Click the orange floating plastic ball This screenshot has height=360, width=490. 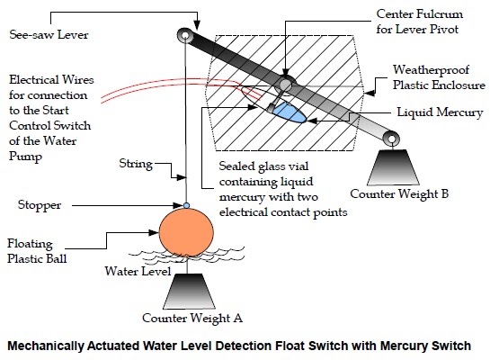(186, 232)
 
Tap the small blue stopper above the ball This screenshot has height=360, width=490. (186, 205)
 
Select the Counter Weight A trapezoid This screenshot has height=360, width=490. (189, 292)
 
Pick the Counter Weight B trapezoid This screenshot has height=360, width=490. (393, 167)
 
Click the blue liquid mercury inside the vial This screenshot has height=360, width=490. (289, 112)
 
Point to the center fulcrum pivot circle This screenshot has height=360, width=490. (285, 84)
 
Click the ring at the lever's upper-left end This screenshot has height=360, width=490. (185, 35)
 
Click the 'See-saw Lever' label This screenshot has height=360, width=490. (49, 34)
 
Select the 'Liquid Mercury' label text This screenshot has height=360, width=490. (440, 112)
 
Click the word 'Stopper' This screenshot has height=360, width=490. (40, 205)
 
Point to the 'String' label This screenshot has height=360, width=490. (136, 164)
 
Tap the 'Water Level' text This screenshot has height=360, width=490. (138, 271)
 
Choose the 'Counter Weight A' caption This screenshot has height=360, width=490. (192, 318)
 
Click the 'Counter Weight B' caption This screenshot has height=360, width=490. (399, 193)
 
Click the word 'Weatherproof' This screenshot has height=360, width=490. (431, 69)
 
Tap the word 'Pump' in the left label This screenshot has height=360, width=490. (26, 156)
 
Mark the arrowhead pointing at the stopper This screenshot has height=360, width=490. (178, 205)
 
